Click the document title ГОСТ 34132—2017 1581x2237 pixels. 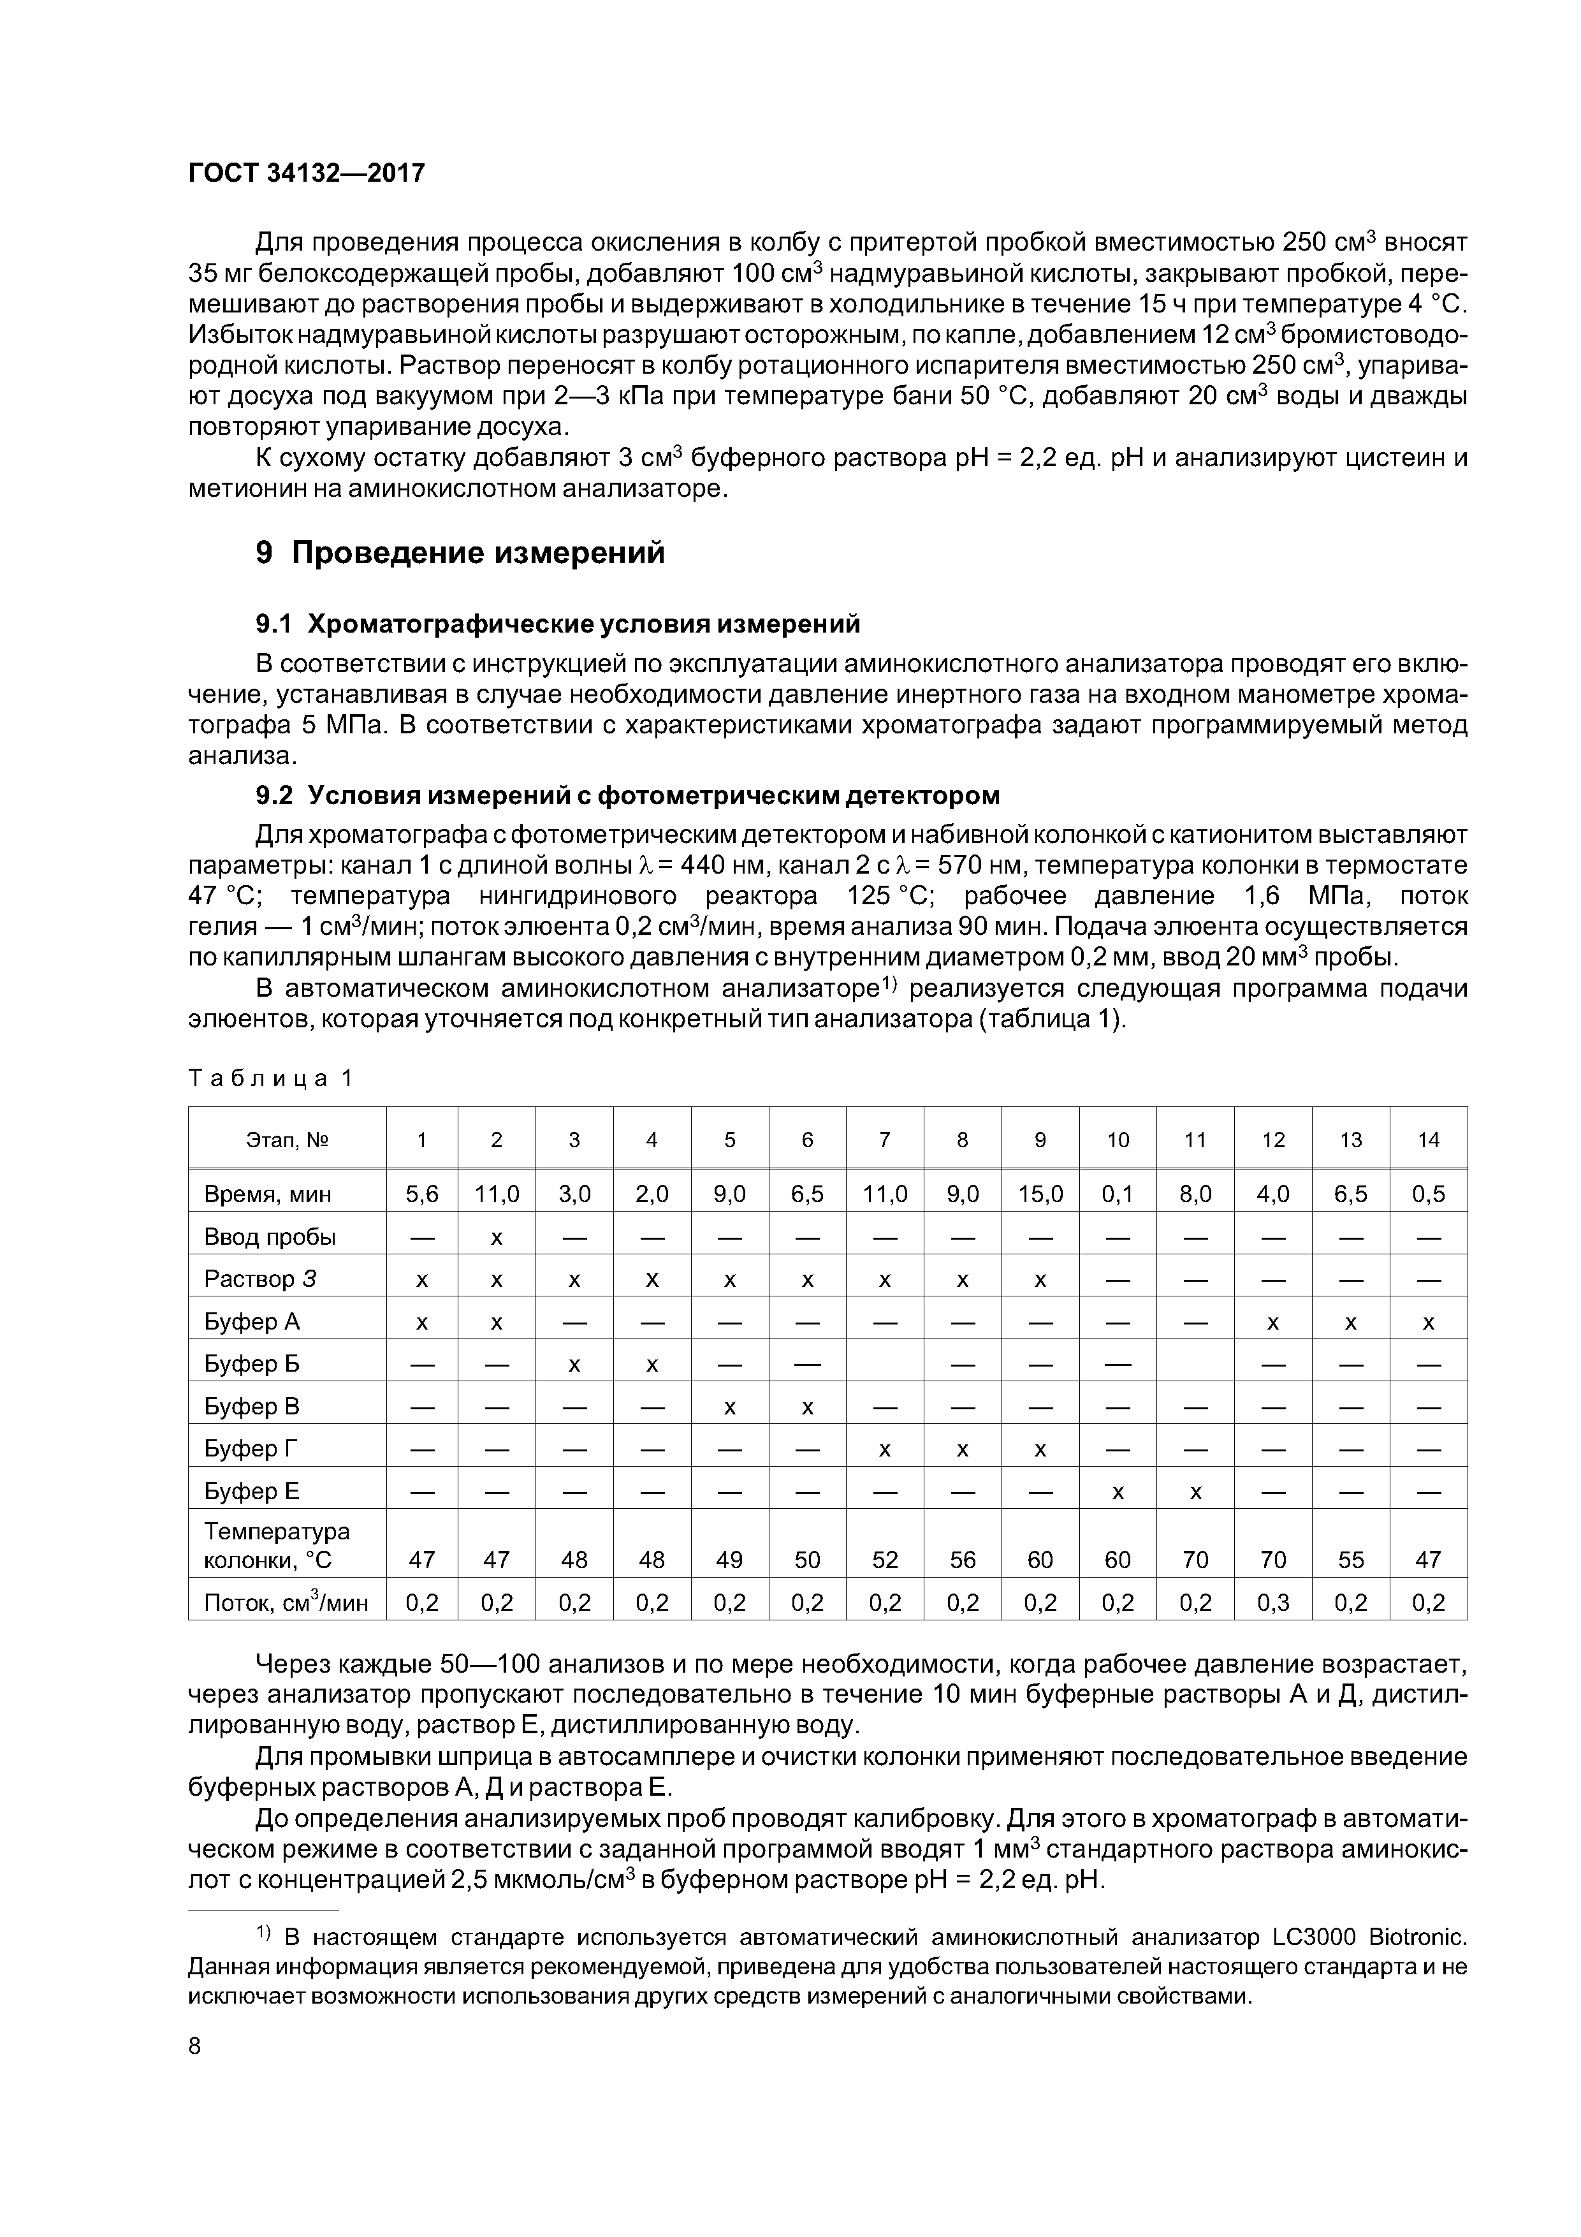306,173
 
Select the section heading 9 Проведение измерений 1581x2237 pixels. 460,552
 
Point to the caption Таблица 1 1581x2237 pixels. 270,1078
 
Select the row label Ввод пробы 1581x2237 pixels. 270,1236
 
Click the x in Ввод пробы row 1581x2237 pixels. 496,1237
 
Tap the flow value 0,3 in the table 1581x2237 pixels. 1273,1603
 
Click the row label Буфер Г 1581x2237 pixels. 251,1449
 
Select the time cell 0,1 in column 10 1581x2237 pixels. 1118,1194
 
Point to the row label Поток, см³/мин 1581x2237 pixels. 286,1603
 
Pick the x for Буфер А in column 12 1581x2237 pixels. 1272,1322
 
